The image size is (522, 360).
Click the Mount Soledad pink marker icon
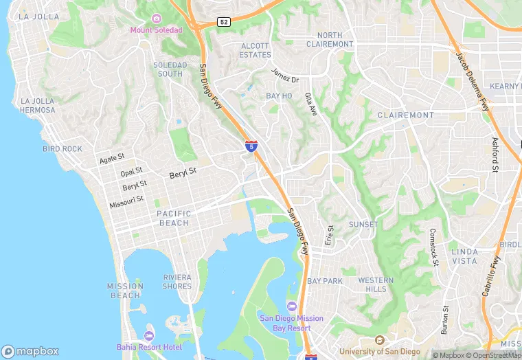tap(157, 19)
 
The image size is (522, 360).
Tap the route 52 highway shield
tap(223, 22)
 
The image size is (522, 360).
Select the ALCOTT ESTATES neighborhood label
tap(255, 50)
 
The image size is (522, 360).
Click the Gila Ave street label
tap(311, 105)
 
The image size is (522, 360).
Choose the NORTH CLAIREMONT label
tap(334, 39)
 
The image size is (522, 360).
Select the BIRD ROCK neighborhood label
tap(62, 148)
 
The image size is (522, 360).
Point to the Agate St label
tap(111, 158)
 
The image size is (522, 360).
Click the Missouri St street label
tap(126, 201)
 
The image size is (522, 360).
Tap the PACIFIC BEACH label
tap(164, 218)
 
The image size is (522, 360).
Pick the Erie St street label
tap(329, 236)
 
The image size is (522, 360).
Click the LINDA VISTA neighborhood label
tap(465, 256)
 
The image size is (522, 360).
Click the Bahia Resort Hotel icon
tap(149, 335)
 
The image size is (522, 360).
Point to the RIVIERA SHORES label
tap(177, 282)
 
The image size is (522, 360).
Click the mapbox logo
tap(31, 351)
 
